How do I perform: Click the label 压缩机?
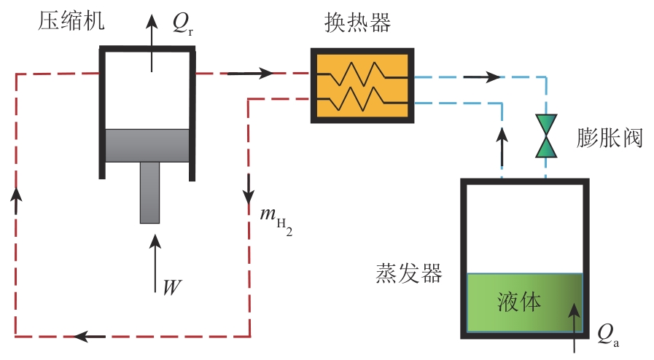pyautogui.click(x=71, y=21)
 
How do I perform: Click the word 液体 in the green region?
pyautogui.click(x=520, y=302)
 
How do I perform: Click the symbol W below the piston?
pyautogui.click(x=172, y=286)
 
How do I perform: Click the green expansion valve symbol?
pyautogui.click(x=546, y=136)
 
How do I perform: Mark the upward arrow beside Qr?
pyautogui.click(x=152, y=40)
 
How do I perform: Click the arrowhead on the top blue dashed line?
pyautogui.click(x=493, y=76)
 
